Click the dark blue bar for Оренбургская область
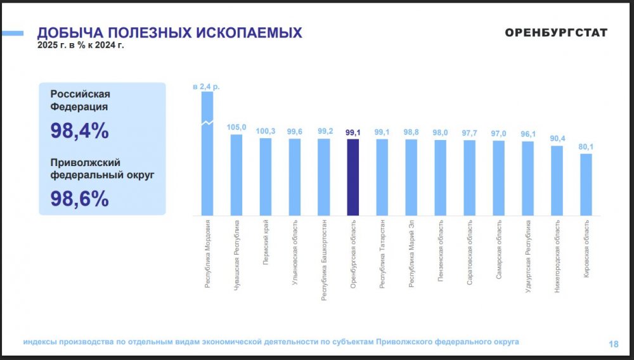point(353,177)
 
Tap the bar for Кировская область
point(586,184)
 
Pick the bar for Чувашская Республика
point(236,174)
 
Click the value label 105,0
point(236,127)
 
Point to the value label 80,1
point(586,147)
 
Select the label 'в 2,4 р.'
point(207,86)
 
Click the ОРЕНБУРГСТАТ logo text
point(556,33)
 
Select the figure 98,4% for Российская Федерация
point(79,131)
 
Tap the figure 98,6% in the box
point(79,198)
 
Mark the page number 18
point(613,344)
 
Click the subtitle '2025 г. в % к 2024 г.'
point(80,46)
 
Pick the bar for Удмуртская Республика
point(527,178)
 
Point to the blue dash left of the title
point(12,33)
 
